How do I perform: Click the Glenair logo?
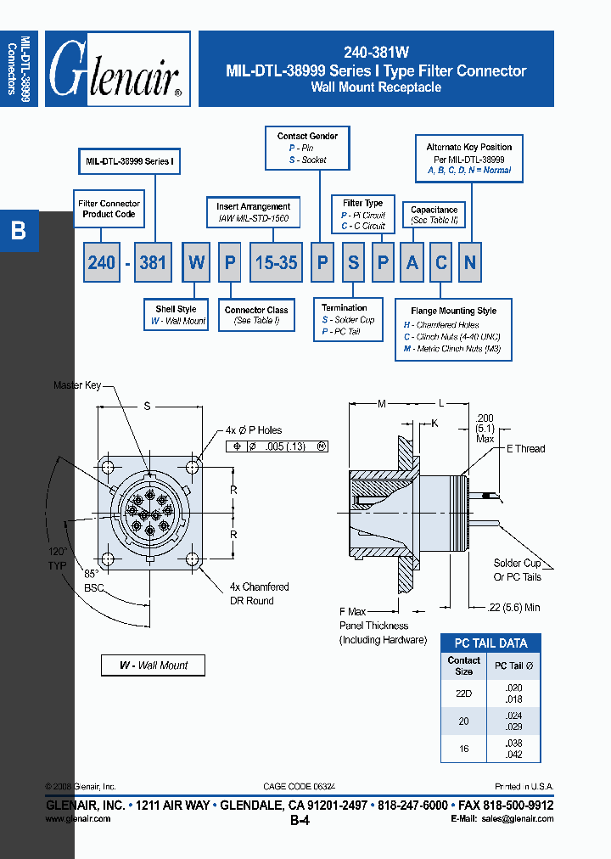[x=117, y=70]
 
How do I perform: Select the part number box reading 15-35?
[x=276, y=263]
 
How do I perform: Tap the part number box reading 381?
[x=153, y=263]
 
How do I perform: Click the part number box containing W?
[x=197, y=263]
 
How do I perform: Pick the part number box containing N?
[x=469, y=263]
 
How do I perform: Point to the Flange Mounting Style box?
[x=453, y=329]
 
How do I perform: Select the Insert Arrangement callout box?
[x=253, y=212]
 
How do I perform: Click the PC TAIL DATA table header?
[x=490, y=643]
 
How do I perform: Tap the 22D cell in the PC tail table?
[x=464, y=693]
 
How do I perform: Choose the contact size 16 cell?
[x=464, y=748]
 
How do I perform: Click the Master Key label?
[x=77, y=385]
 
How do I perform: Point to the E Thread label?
[x=525, y=448]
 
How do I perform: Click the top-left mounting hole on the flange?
[x=108, y=468]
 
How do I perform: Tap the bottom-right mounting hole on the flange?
[x=193, y=559]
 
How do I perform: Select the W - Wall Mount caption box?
[x=153, y=665]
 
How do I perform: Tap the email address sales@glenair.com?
[x=518, y=819]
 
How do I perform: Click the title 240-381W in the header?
[x=376, y=52]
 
